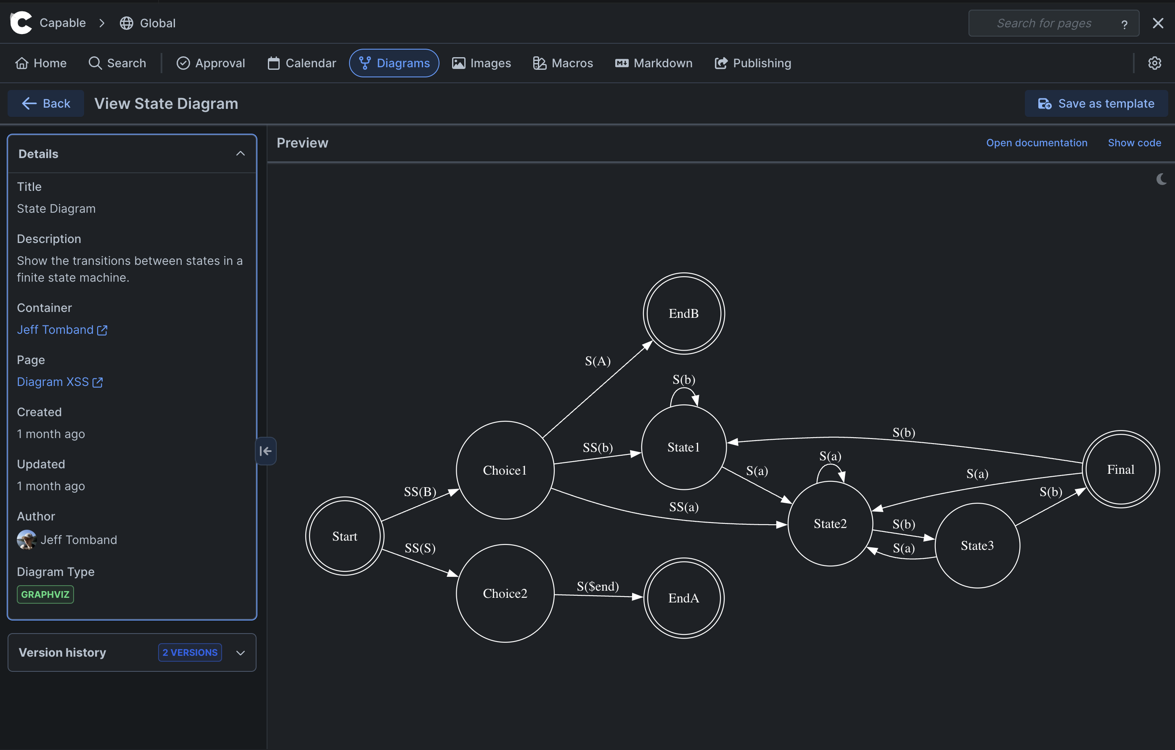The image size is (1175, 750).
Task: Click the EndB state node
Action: pos(684,314)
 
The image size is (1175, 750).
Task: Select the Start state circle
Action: pos(344,536)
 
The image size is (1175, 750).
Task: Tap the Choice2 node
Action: pos(505,594)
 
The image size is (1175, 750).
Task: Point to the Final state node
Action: pos(1120,469)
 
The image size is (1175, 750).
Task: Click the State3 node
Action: pos(977,546)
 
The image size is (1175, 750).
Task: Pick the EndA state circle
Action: pos(684,598)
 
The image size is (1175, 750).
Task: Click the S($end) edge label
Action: pos(597,586)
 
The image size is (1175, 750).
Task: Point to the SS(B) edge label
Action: pos(420,491)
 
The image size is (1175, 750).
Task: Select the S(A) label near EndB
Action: pos(597,361)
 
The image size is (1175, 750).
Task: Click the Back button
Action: pos(46,103)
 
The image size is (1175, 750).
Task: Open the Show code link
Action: pos(1134,143)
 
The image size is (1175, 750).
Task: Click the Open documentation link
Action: pos(1036,143)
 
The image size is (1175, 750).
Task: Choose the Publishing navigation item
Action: pos(752,63)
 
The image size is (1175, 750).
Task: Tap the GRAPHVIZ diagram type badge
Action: pos(45,594)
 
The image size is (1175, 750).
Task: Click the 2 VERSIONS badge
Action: pos(190,652)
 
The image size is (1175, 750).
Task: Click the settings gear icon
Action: pos(1154,63)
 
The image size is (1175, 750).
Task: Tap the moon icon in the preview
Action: pos(1161,180)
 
